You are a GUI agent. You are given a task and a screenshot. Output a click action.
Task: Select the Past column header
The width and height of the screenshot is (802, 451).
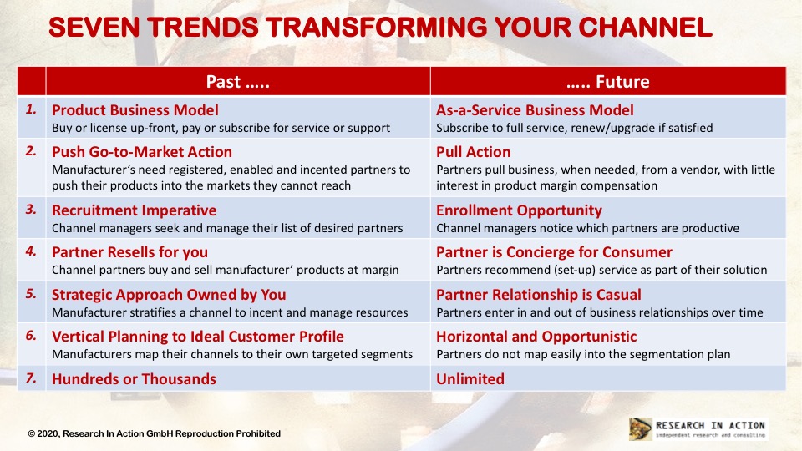coord(238,81)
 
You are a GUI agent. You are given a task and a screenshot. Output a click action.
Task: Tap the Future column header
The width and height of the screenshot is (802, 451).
coord(608,81)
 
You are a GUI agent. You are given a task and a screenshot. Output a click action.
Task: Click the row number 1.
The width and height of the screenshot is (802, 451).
coord(31,109)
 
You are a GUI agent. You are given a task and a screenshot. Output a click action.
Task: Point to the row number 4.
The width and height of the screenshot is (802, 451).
coord(31,251)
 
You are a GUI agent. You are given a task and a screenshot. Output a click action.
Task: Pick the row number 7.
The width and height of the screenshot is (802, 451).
coord(31,378)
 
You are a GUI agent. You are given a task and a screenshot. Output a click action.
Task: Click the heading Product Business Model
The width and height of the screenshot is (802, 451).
coord(135,110)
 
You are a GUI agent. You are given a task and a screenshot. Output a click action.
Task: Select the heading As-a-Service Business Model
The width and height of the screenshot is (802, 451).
coord(535,110)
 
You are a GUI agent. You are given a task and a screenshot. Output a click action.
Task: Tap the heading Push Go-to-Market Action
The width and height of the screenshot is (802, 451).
coord(142,152)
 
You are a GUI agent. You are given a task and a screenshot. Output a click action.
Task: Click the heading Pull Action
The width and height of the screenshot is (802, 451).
coord(473,152)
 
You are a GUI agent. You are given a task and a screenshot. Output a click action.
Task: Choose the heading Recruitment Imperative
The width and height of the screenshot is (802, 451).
coord(134,210)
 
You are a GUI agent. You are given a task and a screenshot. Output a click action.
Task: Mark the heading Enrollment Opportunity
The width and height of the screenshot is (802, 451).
coord(519,210)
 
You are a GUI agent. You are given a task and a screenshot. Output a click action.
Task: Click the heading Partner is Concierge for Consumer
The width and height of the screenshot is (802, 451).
coord(554,252)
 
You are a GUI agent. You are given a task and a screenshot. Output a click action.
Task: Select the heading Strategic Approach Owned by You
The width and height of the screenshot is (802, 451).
coord(169,295)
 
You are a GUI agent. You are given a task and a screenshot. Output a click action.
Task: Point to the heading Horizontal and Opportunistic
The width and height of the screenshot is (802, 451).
coord(536,337)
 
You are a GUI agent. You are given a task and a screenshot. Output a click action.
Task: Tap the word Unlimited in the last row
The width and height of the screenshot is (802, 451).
coord(470,379)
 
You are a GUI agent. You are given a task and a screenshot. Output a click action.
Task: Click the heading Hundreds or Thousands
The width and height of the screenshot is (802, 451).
coord(134,379)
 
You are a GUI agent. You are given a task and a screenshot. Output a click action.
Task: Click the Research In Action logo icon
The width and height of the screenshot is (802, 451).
coord(641,428)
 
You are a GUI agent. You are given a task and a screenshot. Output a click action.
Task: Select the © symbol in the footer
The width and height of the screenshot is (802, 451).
coord(31,433)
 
